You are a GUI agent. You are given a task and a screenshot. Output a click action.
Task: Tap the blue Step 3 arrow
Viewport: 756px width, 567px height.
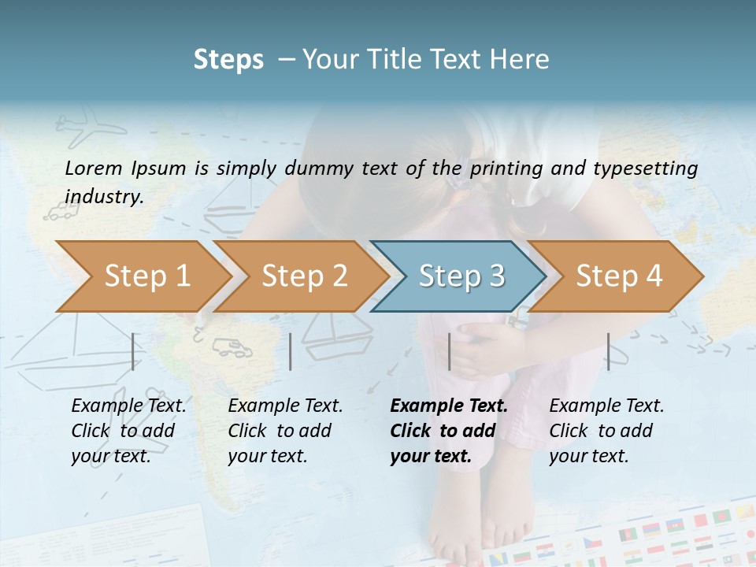[x=461, y=276]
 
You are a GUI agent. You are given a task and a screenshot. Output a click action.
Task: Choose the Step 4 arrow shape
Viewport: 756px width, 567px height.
[x=618, y=276]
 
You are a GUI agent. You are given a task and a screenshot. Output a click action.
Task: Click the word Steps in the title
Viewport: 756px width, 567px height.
[x=228, y=59]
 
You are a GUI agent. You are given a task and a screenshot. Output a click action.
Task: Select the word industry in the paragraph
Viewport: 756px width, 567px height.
[x=104, y=196]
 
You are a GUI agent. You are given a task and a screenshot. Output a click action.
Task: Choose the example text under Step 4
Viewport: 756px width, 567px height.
[x=606, y=431]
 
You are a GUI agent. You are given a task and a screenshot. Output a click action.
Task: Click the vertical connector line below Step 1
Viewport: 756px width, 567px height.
[x=133, y=351]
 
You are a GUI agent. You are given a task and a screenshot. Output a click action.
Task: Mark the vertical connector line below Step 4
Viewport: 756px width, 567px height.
[x=608, y=351]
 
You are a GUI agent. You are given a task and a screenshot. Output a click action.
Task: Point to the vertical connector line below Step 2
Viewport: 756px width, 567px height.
[x=291, y=351]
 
